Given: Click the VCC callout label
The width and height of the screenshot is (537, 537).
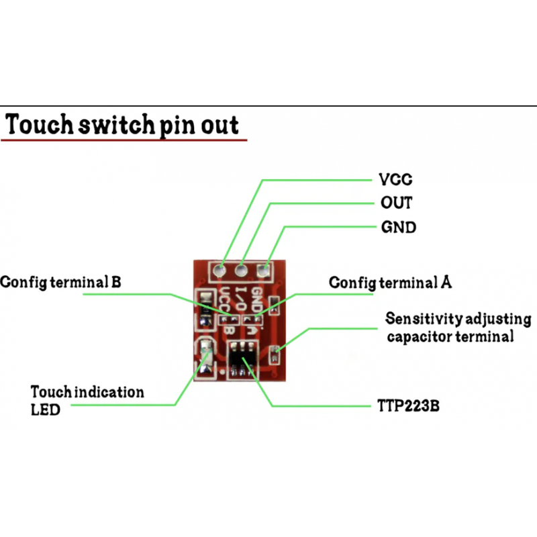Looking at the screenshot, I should tap(396, 180).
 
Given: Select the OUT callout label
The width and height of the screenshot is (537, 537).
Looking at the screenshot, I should tap(396, 203).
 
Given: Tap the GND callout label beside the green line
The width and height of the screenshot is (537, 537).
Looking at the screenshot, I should tap(399, 227).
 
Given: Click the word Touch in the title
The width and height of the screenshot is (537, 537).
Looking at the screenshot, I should tap(41, 126).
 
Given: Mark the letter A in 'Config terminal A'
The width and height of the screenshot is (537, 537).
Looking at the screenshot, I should tap(446, 282).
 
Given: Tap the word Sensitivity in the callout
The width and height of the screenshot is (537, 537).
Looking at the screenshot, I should tap(420, 318).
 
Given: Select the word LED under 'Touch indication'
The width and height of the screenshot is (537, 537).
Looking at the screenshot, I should tap(45, 409).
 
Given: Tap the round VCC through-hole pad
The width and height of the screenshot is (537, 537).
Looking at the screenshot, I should tap(219, 271).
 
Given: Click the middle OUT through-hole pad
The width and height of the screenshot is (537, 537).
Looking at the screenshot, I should tap(241, 271).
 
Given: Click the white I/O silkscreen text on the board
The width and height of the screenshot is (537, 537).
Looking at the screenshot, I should tap(243, 301).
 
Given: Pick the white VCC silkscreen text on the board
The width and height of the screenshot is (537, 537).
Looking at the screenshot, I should tap(226, 301).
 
